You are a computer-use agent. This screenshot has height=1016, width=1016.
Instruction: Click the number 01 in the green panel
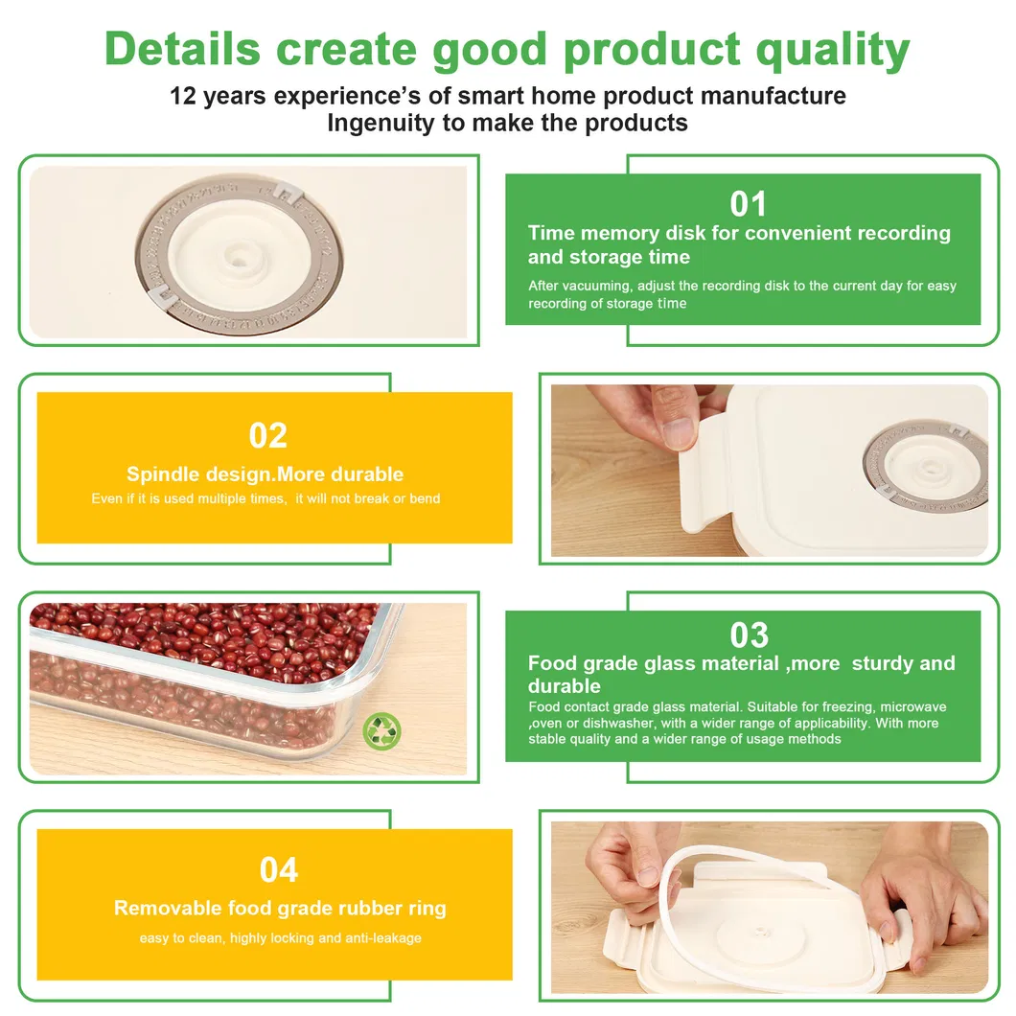749,204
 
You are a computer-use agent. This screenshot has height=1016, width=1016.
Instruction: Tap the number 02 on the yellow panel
268,435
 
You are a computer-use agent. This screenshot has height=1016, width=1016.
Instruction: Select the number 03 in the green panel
749,635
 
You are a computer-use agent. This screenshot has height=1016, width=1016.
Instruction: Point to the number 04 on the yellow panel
278,870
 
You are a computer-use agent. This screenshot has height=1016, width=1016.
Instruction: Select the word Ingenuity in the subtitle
383,123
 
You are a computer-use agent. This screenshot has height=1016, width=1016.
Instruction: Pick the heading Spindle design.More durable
265,474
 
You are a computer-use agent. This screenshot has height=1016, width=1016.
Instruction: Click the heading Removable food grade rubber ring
280,908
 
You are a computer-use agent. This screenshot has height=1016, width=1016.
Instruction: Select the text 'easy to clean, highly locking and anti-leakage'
280,937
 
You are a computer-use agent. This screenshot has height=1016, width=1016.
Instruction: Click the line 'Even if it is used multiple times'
188,498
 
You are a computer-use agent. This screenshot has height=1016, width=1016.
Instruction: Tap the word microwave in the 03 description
912,707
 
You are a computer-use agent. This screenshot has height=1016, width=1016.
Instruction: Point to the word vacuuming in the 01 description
601,286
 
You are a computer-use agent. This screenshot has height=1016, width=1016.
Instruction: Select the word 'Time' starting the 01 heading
551,233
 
